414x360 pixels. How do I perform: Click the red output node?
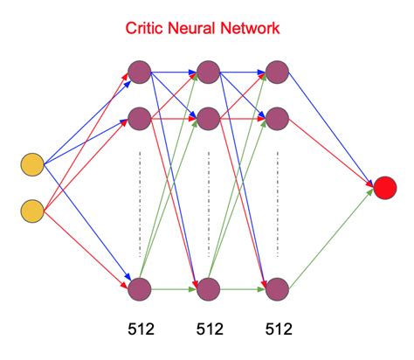385,187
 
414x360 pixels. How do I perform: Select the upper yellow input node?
32,163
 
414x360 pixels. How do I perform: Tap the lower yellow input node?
32,210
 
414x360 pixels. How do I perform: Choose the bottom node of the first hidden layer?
139,288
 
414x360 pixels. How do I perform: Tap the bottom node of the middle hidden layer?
208,288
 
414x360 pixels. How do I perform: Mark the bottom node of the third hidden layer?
277,288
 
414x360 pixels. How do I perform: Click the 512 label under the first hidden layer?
140,331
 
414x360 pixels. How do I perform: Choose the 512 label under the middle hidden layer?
209,331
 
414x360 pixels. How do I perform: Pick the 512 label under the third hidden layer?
278,331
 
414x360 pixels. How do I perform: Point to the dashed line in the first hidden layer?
139,201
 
